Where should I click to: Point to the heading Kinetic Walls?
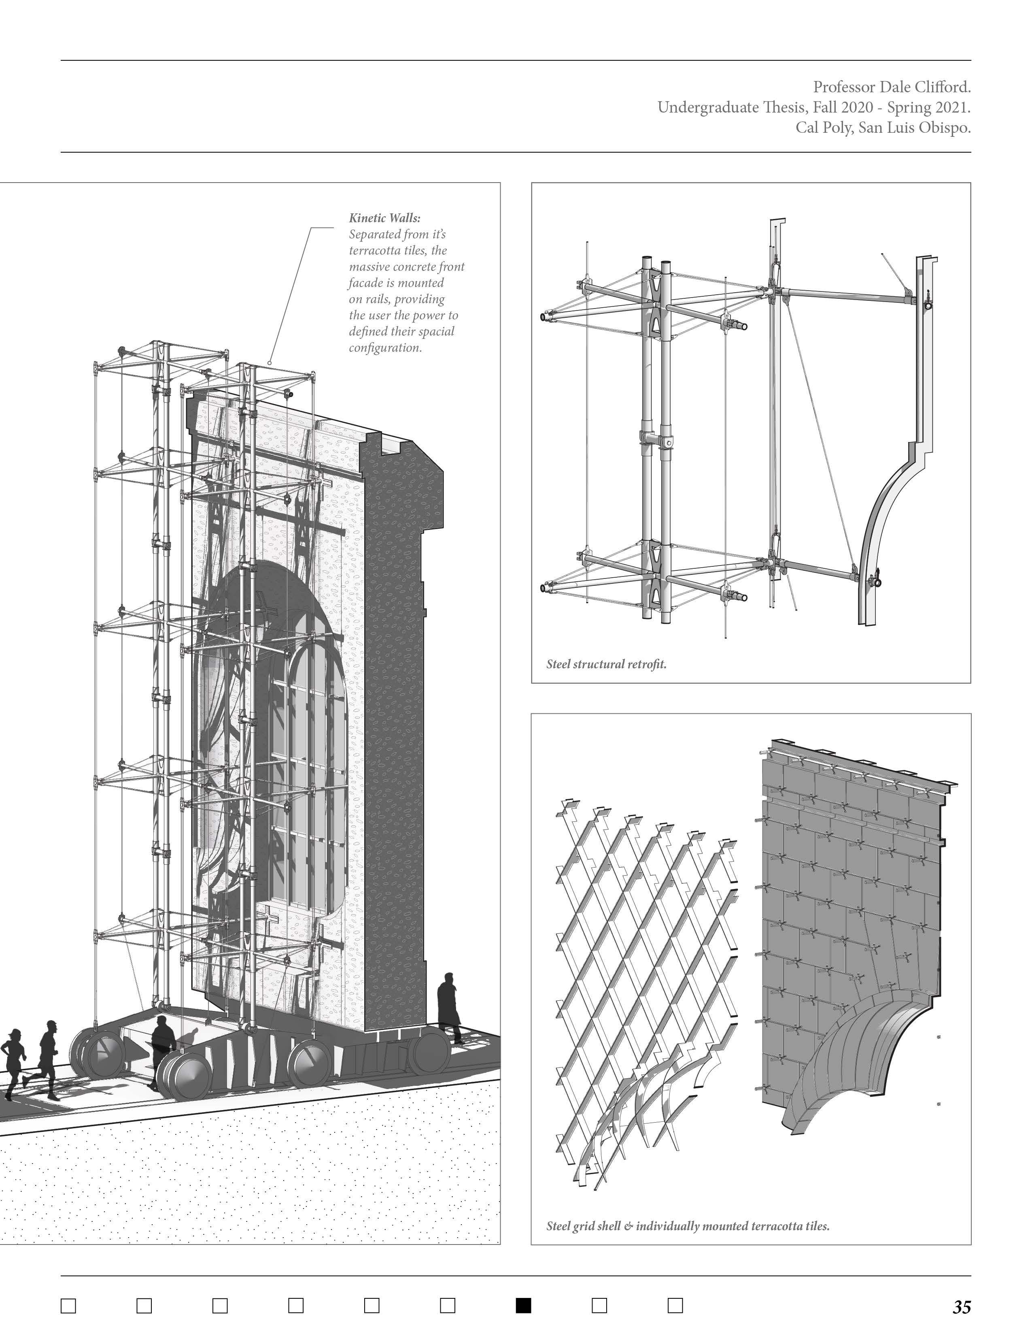[384, 218]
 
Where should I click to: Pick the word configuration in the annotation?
[385, 348]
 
